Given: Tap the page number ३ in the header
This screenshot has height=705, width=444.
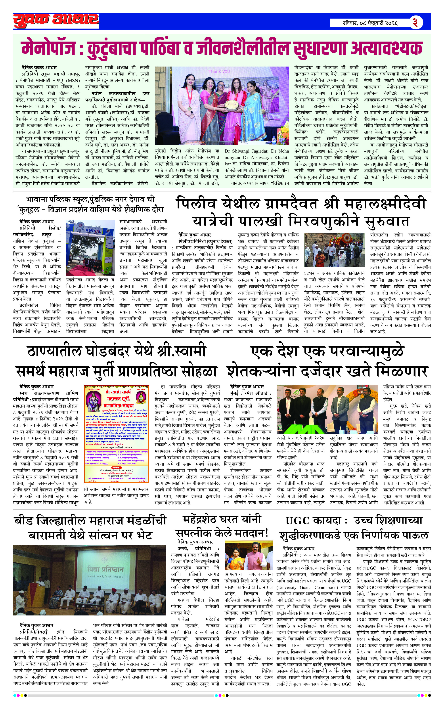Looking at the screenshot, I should point(415,23).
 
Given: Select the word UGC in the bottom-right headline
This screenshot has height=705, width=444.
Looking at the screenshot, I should point(298,520).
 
